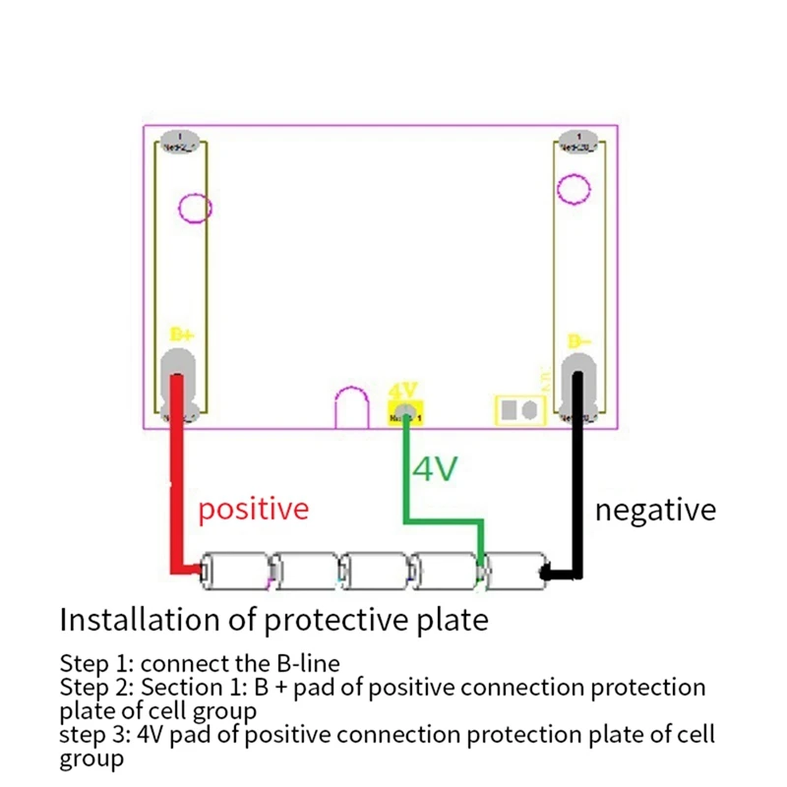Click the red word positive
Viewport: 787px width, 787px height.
[x=253, y=509]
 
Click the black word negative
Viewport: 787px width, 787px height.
[x=654, y=510]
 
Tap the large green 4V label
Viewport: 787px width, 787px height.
[x=435, y=469]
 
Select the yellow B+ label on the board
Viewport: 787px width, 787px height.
[x=182, y=334]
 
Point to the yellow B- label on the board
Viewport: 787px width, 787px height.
[x=579, y=341]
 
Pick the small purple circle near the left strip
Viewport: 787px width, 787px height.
[x=195, y=208]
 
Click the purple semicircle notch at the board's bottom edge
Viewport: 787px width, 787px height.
[x=351, y=409]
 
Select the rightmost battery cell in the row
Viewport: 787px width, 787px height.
[x=515, y=570]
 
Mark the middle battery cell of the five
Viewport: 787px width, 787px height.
[x=375, y=570]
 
